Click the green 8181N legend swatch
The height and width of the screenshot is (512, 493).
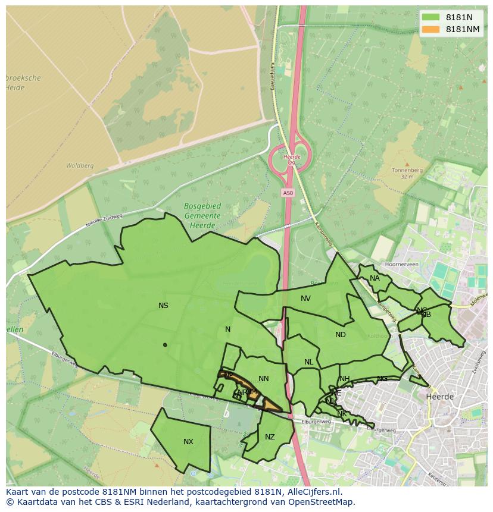pyautogui.click(x=430, y=17)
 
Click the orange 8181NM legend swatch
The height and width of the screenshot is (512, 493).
pyautogui.click(x=430, y=29)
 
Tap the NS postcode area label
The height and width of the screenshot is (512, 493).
pyautogui.click(x=163, y=306)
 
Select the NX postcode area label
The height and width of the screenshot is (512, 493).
pyautogui.click(x=188, y=442)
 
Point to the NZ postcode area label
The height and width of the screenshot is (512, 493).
pyautogui.click(x=270, y=437)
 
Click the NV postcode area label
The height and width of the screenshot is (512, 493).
pyautogui.click(x=305, y=299)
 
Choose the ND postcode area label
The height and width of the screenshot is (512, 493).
pyautogui.click(x=341, y=335)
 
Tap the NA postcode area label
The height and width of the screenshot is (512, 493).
pyautogui.click(x=375, y=278)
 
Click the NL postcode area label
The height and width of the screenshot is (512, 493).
pyautogui.click(x=308, y=362)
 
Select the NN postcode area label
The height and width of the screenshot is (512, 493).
pyautogui.click(x=264, y=379)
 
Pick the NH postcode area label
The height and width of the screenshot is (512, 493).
pyautogui.click(x=345, y=379)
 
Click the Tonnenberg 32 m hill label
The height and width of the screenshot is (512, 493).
pyautogui.click(x=407, y=173)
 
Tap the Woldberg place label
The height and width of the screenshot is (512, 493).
pyautogui.click(x=80, y=166)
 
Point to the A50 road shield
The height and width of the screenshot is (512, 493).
pyautogui.click(x=288, y=193)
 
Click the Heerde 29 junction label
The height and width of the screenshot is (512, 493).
pyautogui.click(x=291, y=160)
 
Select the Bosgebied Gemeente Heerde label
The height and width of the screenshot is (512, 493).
pyautogui.click(x=202, y=216)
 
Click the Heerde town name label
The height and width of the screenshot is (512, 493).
pyautogui.click(x=440, y=396)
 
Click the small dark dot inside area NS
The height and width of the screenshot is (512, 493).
pyautogui.click(x=165, y=345)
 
